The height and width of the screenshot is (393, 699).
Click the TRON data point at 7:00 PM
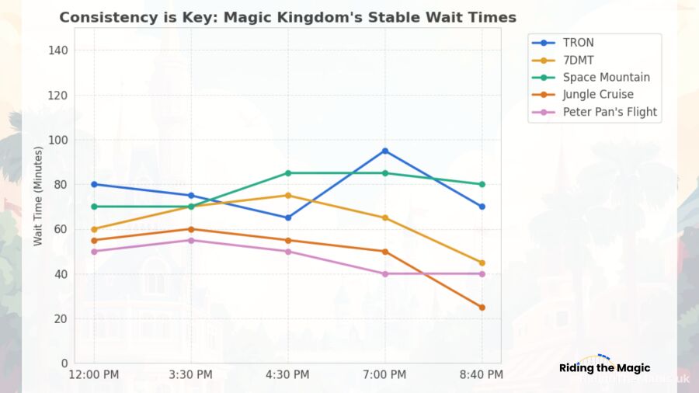[x=385, y=151]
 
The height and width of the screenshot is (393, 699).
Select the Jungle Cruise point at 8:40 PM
[x=482, y=308]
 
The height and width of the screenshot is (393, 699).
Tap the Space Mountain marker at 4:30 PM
[x=288, y=173]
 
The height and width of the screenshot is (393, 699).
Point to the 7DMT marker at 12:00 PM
[x=94, y=229]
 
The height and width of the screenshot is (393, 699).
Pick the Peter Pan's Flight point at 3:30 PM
[x=191, y=240]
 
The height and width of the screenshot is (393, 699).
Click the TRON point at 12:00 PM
[x=94, y=184]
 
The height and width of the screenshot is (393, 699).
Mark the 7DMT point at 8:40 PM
[x=482, y=263]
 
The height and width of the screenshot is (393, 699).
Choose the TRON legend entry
[x=578, y=43]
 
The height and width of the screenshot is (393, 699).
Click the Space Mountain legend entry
[x=606, y=78]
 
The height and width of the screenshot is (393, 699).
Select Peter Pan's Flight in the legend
[x=610, y=112]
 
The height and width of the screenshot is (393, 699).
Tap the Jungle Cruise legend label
[x=598, y=95]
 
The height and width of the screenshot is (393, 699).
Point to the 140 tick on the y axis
[x=59, y=50]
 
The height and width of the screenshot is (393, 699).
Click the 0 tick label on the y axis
[x=64, y=363]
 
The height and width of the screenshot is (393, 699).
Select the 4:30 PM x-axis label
[x=288, y=375]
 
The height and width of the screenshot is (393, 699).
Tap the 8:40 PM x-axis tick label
[x=482, y=375]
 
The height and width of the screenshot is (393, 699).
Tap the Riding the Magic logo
[x=604, y=368]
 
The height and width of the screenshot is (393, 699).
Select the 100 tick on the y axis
[x=59, y=140]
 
